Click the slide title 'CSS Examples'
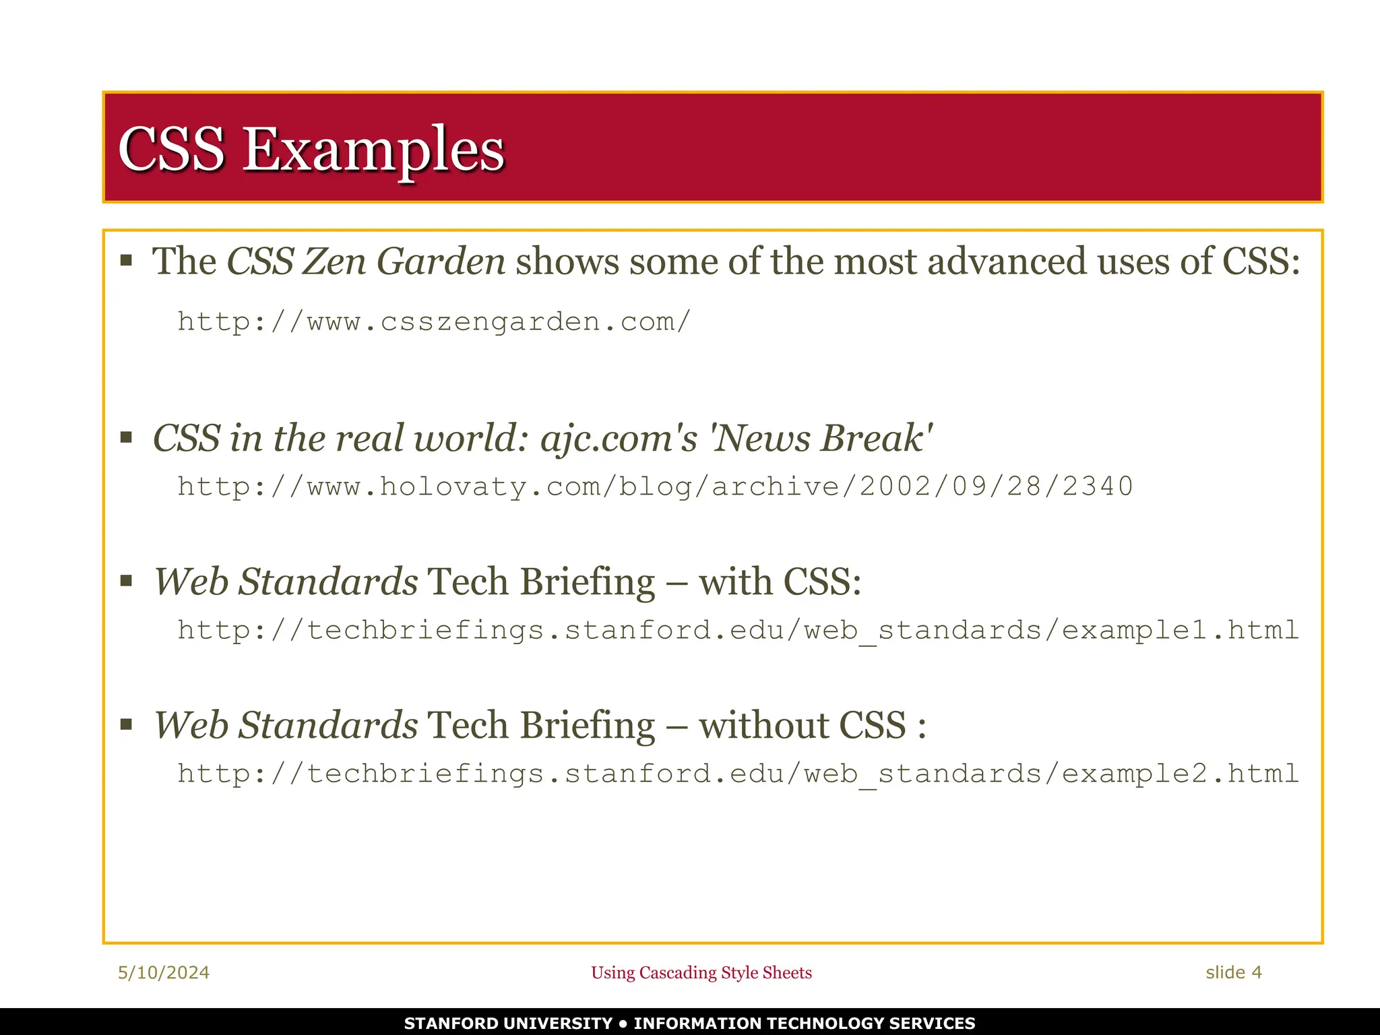pyautogui.click(x=311, y=149)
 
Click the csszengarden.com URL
pyautogui.click(x=434, y=322)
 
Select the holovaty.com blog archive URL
pyautogui.click(x=655, y=487)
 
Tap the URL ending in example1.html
pyautogui.click(x=738, y=630)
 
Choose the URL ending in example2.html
pyautogui.click(x=738, y=774)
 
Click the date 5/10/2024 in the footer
pyautogui.click(x=164, y=972)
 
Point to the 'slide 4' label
pyautogui.click(x=1233, y=972)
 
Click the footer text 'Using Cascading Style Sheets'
pyautogui.click(x=701, y=972)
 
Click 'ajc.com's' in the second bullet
pyautogui.click(x=619, y=439)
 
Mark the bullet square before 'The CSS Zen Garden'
pyautogui.click(x=126, y=261)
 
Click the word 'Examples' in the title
pyautogui.click(x=373, y=150)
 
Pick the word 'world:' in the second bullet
pyautogui.click(x=471, y=439)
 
